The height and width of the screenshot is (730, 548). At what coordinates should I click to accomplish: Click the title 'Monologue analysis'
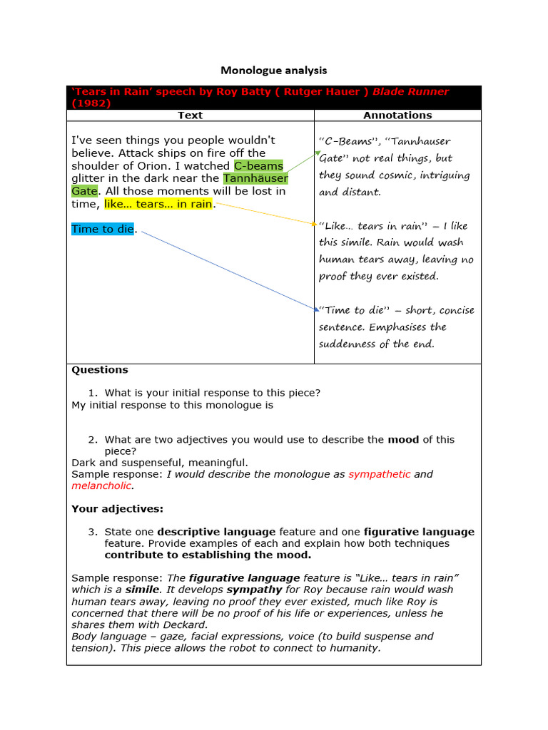(273, 70)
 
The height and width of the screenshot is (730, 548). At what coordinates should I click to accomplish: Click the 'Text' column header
(190, 115)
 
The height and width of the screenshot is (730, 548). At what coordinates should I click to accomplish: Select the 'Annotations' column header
(397, 115)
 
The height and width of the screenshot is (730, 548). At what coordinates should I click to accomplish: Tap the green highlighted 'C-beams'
(258, 165)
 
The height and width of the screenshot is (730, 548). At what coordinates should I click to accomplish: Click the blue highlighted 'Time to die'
(103, 229)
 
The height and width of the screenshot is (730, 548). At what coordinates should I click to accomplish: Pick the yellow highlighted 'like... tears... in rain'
(158, 204)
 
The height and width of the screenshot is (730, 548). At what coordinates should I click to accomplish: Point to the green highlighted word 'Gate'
(84, 191)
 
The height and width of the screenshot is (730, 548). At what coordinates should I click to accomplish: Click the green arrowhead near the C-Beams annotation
(318, 152)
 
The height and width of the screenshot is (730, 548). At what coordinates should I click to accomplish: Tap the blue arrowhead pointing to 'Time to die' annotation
(316, 309)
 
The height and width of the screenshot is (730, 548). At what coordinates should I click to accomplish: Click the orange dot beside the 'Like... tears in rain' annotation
(314, 224)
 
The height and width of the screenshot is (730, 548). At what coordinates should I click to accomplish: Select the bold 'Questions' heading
(100, 369)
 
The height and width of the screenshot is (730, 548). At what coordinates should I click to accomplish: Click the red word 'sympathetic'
(380, 474)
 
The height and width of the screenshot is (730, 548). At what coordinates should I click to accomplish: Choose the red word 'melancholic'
(102, 485)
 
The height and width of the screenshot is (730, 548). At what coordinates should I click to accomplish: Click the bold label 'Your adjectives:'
(117, 508)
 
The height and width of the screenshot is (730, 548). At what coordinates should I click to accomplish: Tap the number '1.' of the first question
(93, 393)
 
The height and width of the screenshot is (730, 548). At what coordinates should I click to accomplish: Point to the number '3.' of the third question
(93, 532)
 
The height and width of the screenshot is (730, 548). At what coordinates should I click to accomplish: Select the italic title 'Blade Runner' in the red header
(410, 92)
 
